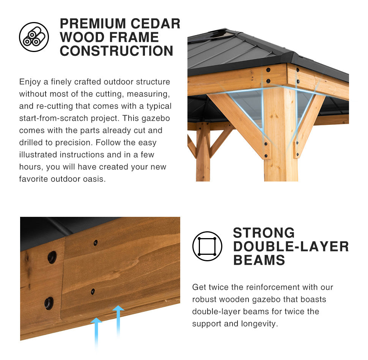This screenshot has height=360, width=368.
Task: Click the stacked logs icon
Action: [34, 37]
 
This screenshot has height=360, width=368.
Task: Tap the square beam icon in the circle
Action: [207, 246]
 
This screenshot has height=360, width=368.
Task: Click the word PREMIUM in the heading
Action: [93, 24]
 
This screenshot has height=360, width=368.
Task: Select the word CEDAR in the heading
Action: [156, 24]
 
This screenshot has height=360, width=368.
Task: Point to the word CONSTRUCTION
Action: [116, 51]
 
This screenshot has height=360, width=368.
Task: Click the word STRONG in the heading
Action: [264, 233]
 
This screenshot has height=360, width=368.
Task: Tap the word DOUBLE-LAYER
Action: [291, 246]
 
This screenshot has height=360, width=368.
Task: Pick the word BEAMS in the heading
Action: [259, 260]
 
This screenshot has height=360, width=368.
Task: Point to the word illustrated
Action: [38, 155]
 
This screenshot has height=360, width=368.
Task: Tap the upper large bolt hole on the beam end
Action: [52, 257]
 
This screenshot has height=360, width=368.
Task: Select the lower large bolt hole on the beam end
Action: [49, 303]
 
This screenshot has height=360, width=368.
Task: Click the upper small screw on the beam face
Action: [96, 243]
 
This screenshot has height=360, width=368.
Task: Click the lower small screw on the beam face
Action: [93, 292]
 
